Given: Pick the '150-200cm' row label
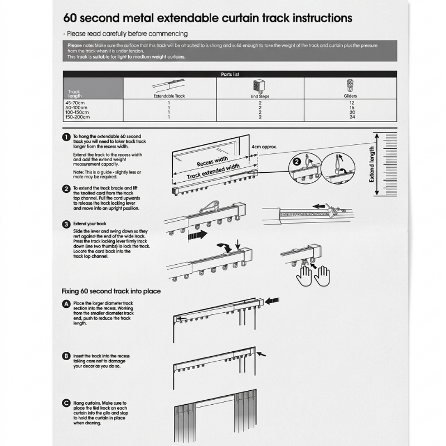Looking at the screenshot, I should pyautogui.click(x=76, y=117).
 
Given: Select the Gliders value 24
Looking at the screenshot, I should pyautogui.click(x=351, y=117).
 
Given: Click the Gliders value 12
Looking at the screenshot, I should pyautogui.click(x=351, y=103).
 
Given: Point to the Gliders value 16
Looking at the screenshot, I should pyautogui.click(x=351, y=108).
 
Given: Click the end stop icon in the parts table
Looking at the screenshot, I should pyautogui.click(x=259, y=86).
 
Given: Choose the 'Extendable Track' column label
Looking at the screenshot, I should pyautogui.click(x=169, y=96).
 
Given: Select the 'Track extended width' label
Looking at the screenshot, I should pyautogui.click(x=214, y=171).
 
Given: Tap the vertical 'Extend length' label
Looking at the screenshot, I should pyautogui.click(x=372, y=164).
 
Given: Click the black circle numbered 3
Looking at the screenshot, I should pyautogui.click(x=67, y=224).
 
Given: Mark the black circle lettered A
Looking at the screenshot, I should pyautogui.click(x=67, y=304).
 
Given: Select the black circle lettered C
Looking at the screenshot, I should pyautogui.click(x=67, y=403).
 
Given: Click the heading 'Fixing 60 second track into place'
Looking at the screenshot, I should pyautogui.click(x=111, y=291).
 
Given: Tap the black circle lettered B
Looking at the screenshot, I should pyautogui.click(x=67, y=356).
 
